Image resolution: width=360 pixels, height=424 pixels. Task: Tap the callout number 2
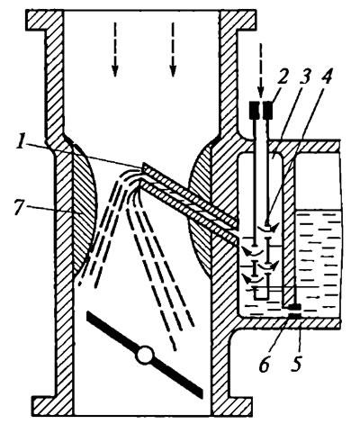tap(283, 77)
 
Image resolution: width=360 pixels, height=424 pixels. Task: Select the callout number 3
tap(304, 77)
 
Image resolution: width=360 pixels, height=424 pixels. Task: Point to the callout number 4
tap(327, 77)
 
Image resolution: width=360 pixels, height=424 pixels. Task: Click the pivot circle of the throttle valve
tap(144, 355)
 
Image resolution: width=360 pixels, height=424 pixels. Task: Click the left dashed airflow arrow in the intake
tap(115, 50)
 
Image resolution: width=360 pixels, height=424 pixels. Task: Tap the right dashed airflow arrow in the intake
tap(173, 50)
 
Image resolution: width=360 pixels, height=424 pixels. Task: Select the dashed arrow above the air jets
tap(261, 71)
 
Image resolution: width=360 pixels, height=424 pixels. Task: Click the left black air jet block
tap(255, 109)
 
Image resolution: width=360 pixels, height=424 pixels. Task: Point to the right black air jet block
tap(268, 109)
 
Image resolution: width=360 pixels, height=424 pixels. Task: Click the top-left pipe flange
tap(44, 20)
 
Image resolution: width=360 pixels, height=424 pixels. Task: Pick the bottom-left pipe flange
tap(51, 406)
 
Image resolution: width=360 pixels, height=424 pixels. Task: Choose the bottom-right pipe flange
tap(231, 406)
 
